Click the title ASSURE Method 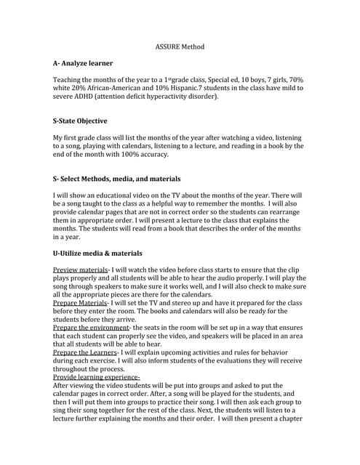coord(180,46)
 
